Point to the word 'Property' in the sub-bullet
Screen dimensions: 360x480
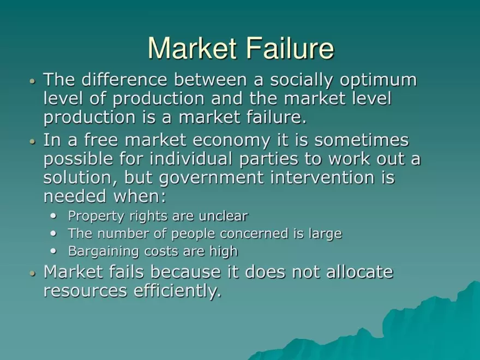88,217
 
